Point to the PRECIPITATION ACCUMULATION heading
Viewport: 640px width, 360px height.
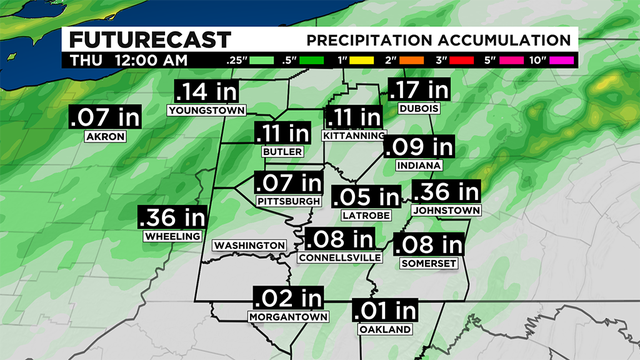click(x=438, y=40)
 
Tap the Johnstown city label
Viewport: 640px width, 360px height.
click(x=446, y=211)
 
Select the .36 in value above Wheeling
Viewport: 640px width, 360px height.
click(x=171, y=217)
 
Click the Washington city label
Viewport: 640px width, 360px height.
click(x=250, y=246)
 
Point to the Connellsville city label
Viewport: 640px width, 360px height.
click(x=340, y=257)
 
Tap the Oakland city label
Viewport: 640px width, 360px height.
click(x=384, y=329)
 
